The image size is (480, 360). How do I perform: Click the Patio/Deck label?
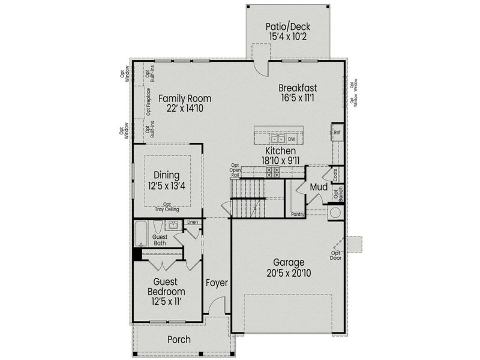[x=287, y=27]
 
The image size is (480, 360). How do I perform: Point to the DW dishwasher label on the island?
[x=292, y=139]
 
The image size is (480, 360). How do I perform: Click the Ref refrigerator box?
[x=337, y=132]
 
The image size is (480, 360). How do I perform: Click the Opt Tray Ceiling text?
[x=167, y=207]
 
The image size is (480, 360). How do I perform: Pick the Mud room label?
[x=319, y=188]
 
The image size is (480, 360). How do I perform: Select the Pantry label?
[x=297, y=214]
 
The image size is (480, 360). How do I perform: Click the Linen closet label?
[x=192, y=223]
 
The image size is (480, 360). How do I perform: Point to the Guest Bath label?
[x=160, y=240]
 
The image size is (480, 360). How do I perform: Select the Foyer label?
[x=217, y=283]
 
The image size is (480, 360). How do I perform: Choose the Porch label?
[x=179, y=340]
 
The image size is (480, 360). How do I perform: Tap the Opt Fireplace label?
[x=148, y=101]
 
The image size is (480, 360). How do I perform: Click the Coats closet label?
[x=335, y=174]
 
